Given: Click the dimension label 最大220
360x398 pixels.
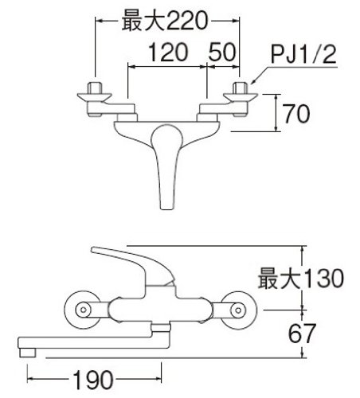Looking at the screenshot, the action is click(x=165, y=21).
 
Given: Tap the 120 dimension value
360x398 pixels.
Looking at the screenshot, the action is click(x=168, y=53).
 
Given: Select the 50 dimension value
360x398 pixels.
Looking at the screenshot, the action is click(x=222, y=53).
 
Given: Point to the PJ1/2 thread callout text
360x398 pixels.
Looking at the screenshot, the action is click(x=303, y=55).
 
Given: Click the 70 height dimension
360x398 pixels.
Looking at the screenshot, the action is click(x=296, y=114).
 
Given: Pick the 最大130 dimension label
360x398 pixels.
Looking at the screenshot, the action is click(x=301, y=279).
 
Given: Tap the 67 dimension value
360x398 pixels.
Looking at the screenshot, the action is click(x=302, y=334).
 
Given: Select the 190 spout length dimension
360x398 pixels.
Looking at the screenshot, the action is click(x=93, y=380).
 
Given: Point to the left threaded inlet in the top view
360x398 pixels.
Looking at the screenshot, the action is click(x=95, y=88).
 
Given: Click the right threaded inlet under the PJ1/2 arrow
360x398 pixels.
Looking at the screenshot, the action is click(x=241, y=88).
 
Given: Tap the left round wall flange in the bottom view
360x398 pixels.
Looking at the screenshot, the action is click(x=83, y=310).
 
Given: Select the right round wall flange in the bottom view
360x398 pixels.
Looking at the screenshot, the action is click(x=238, y=310).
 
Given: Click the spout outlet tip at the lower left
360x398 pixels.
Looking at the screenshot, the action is click(x=28, y=353).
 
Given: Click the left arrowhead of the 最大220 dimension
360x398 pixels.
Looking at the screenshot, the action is click(x=99, y=20).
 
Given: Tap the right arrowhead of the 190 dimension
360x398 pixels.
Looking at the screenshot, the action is click(x=158, y=379).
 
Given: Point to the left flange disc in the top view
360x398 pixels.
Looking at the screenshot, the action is click(x=94, y=96).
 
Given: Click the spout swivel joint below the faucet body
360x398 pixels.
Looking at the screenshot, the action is click(x=160, y=327).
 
